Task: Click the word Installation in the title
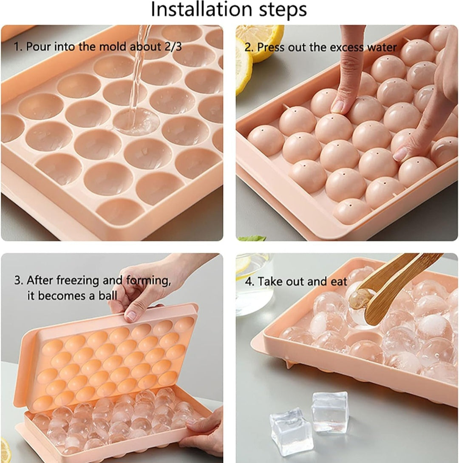(202, 9)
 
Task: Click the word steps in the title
(283, 10)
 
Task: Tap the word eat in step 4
(339, 281)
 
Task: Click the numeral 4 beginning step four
(248, 281)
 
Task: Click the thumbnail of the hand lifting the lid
(131, 316)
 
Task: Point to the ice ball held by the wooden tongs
(359, 299)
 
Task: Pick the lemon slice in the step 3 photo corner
(6, 450)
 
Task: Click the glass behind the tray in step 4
(254, 284)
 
